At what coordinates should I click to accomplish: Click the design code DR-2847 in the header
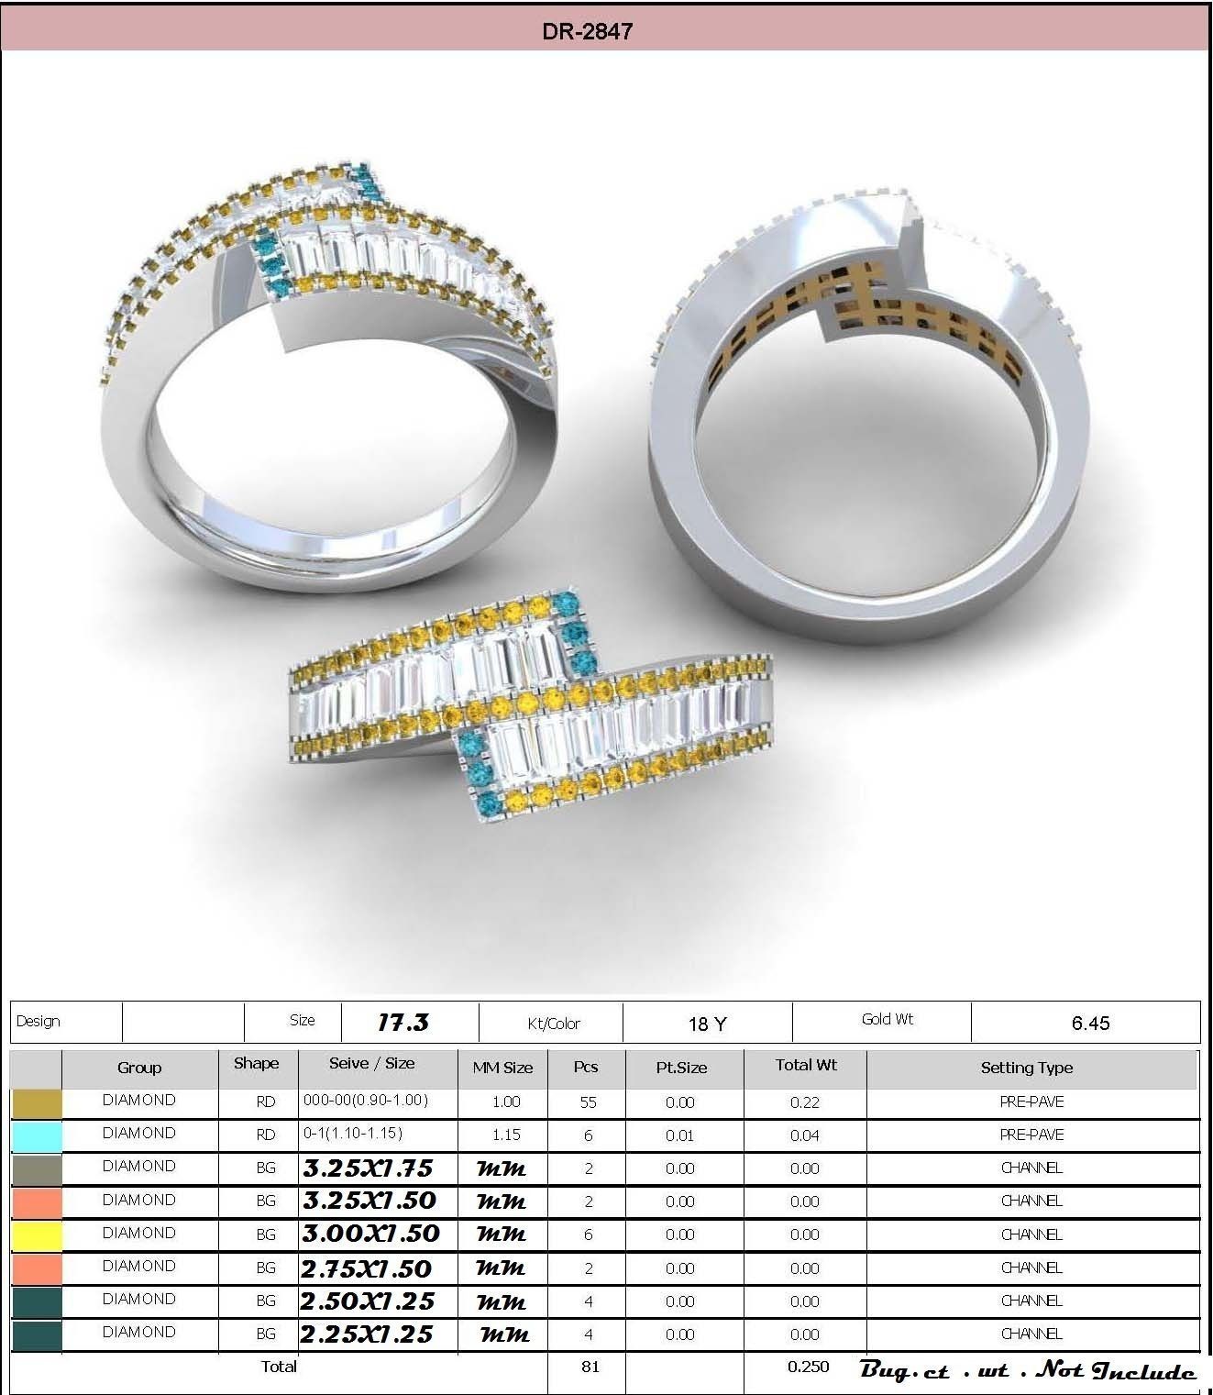(x=587, y=31)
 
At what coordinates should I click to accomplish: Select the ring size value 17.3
(x=402, y=1023)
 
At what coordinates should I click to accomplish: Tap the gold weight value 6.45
(x=1090, y=1024)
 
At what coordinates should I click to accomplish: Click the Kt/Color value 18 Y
(x=707, y=1024)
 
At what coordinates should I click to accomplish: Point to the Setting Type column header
(x=1026, y=1068)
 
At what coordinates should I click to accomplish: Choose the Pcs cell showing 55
(x=588, y=1102)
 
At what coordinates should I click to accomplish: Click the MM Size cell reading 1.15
(x=505, y=1135)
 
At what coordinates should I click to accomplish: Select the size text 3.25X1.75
(x=368, y=1168)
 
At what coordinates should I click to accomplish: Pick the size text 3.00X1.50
(x=371, y=1234)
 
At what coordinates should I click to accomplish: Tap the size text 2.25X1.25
(x=367, y=1334)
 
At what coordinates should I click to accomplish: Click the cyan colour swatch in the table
(x=37, y=1136)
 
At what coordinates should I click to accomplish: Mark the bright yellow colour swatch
(x=37, y=1235)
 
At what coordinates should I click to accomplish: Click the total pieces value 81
(x=590, y=1367)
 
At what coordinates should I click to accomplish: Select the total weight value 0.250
(x=808, y=1367)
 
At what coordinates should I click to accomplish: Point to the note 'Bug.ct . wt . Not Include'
(x=1027, y=1370)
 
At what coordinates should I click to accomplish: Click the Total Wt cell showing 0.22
(x=804, y=1102)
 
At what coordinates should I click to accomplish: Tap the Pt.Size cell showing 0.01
(x=679, y=1135)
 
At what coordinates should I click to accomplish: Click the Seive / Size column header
(x=371, y=1064)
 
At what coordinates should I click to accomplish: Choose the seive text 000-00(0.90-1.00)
(x=366, y=1100)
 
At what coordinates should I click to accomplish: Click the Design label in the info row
(x=39, y=1022)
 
